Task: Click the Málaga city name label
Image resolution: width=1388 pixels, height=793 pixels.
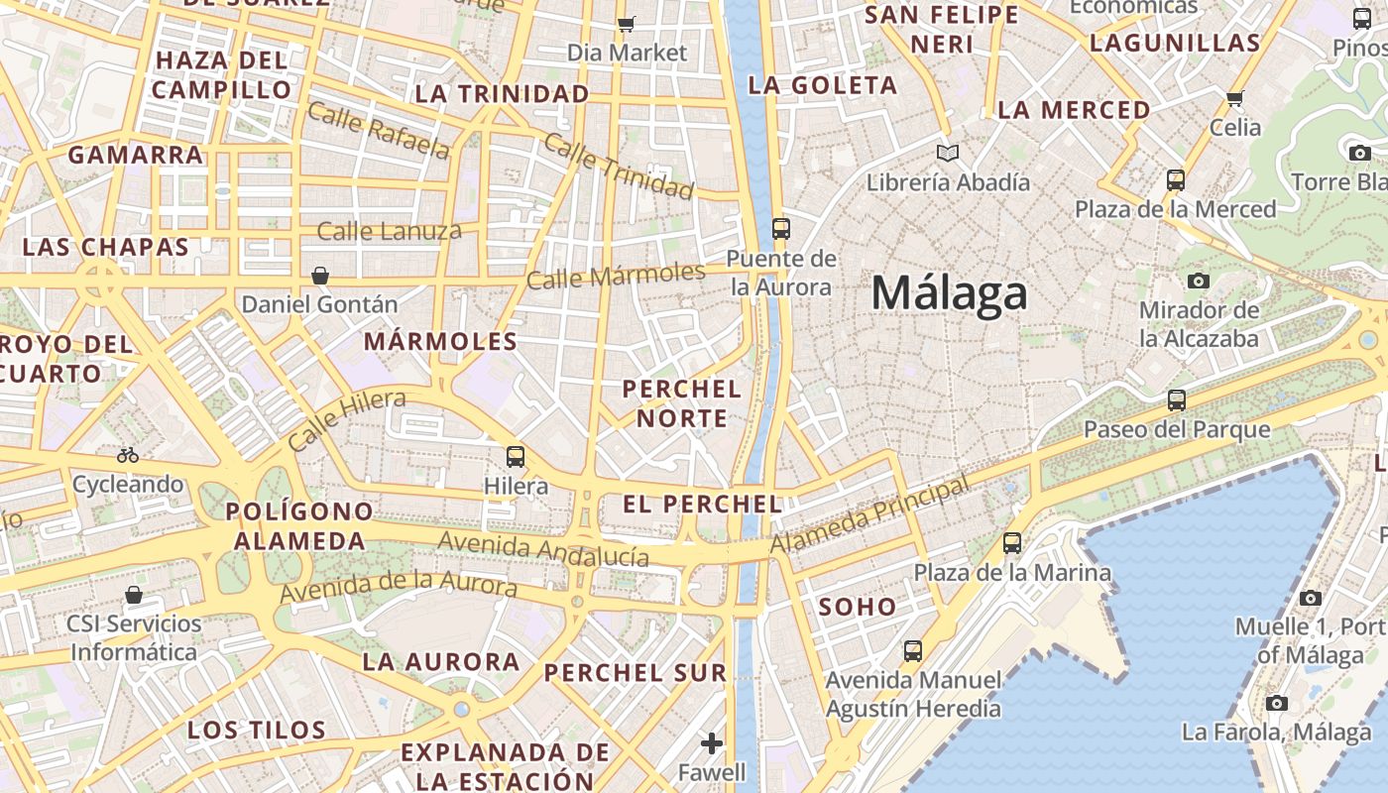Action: tap(949, 294)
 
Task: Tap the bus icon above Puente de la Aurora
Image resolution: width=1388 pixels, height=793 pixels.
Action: tap(781, 229)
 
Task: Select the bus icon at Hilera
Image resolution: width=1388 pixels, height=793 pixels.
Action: tap(516, 457)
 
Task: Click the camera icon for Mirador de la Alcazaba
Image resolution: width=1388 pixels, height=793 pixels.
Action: tap(1199, 281)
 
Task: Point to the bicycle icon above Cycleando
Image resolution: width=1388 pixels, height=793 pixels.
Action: tap(128, 455)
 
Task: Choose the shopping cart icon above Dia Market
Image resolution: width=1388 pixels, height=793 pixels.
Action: tap(626, 24)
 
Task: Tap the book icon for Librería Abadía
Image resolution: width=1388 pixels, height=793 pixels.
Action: tap(948, 153)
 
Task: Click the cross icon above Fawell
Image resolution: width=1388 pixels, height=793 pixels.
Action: tap(711, 742)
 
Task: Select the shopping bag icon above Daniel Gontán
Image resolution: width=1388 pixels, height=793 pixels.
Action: tap(320, 275)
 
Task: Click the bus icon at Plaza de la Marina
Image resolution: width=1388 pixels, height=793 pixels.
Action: tap(1011, 543)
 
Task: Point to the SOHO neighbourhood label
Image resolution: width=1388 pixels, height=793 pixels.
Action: tap(858, 607)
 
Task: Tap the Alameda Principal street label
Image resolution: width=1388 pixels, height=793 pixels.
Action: tap(869, 516)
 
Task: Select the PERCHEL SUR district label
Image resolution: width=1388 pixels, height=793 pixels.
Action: tap(636, 673)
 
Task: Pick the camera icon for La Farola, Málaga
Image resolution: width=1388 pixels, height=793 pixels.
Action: tap(1277, 704)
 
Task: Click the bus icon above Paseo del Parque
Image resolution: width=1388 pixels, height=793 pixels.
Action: tap(1176, 400)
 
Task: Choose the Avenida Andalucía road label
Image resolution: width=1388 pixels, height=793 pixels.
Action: tap(543, 548)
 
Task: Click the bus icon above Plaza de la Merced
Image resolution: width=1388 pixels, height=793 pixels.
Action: tap(1176, 180)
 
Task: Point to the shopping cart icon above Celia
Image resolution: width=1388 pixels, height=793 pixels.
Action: tap(1235, 98)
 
